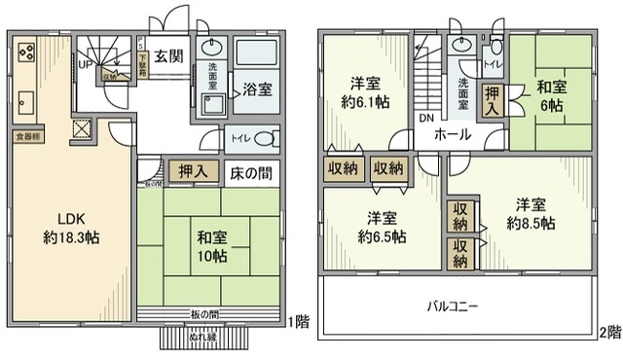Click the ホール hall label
(x=453, y=134)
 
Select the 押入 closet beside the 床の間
(x=193, y=172)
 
